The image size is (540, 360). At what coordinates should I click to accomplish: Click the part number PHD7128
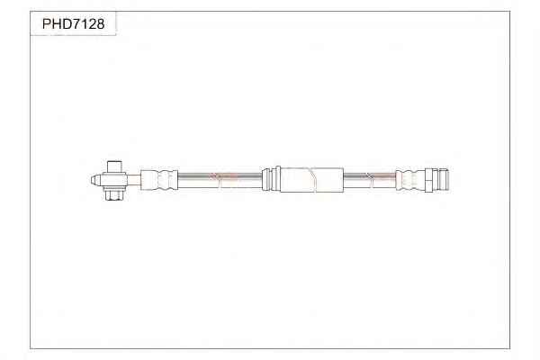point(73,23)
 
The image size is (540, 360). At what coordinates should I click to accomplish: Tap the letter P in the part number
point(47,23)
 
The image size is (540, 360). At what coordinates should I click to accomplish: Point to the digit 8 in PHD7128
point(100,23)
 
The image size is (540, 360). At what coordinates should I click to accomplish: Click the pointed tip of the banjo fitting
point(92,180)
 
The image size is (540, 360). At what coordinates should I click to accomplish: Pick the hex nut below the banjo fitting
point(114,194)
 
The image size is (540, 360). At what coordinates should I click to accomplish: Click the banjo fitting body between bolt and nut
point(114,181)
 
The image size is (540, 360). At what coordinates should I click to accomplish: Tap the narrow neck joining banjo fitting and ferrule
point(134,180)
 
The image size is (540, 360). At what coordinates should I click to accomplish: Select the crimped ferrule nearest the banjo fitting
point(159,180)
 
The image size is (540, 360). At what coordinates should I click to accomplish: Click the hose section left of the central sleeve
point(220,181)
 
